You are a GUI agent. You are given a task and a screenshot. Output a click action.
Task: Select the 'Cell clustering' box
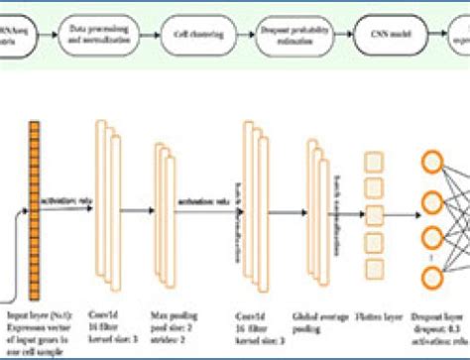coord(196,38)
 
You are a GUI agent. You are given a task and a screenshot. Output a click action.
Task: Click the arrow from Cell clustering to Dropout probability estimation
coord(244,38)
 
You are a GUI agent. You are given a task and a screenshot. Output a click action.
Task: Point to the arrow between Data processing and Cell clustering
coord(148,38)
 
